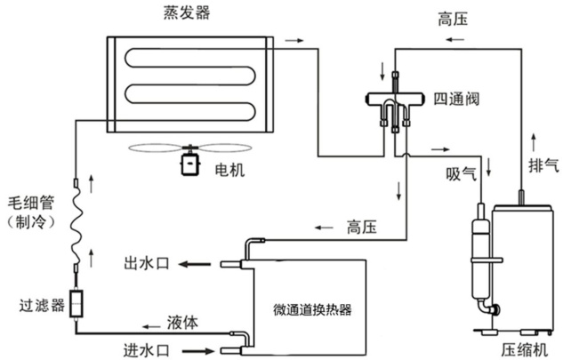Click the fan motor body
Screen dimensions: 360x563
pyautogui.click(x=189, y=164)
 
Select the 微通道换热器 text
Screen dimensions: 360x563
pyautogui.click(x=312, y=310)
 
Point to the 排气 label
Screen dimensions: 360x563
pyautogui.click(x=543, y=164)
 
